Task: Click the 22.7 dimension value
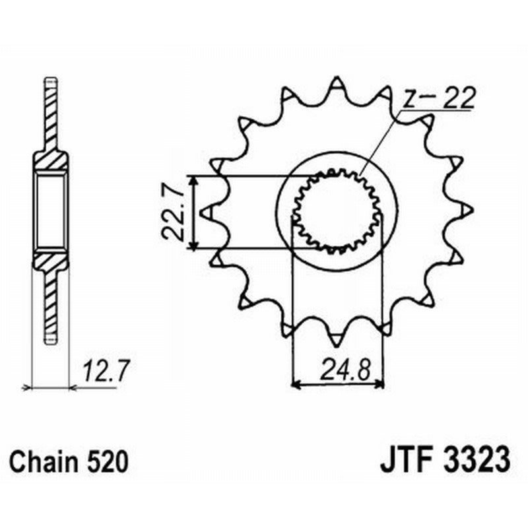point(171,213)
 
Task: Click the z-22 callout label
point(439,99)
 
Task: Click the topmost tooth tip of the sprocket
point(337,81)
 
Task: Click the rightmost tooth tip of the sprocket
point(470,211)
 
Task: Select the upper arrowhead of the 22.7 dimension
point(193,180)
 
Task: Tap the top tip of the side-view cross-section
point(51,80)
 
